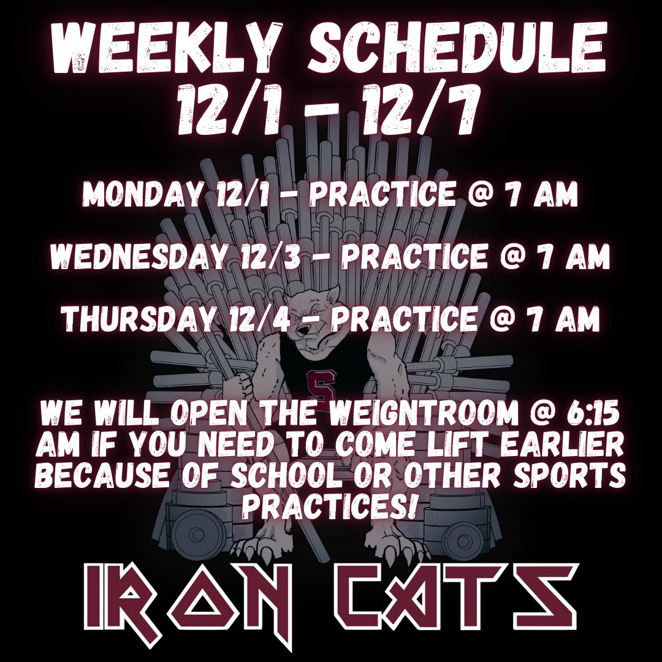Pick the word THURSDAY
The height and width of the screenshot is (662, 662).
click(136, 319)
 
